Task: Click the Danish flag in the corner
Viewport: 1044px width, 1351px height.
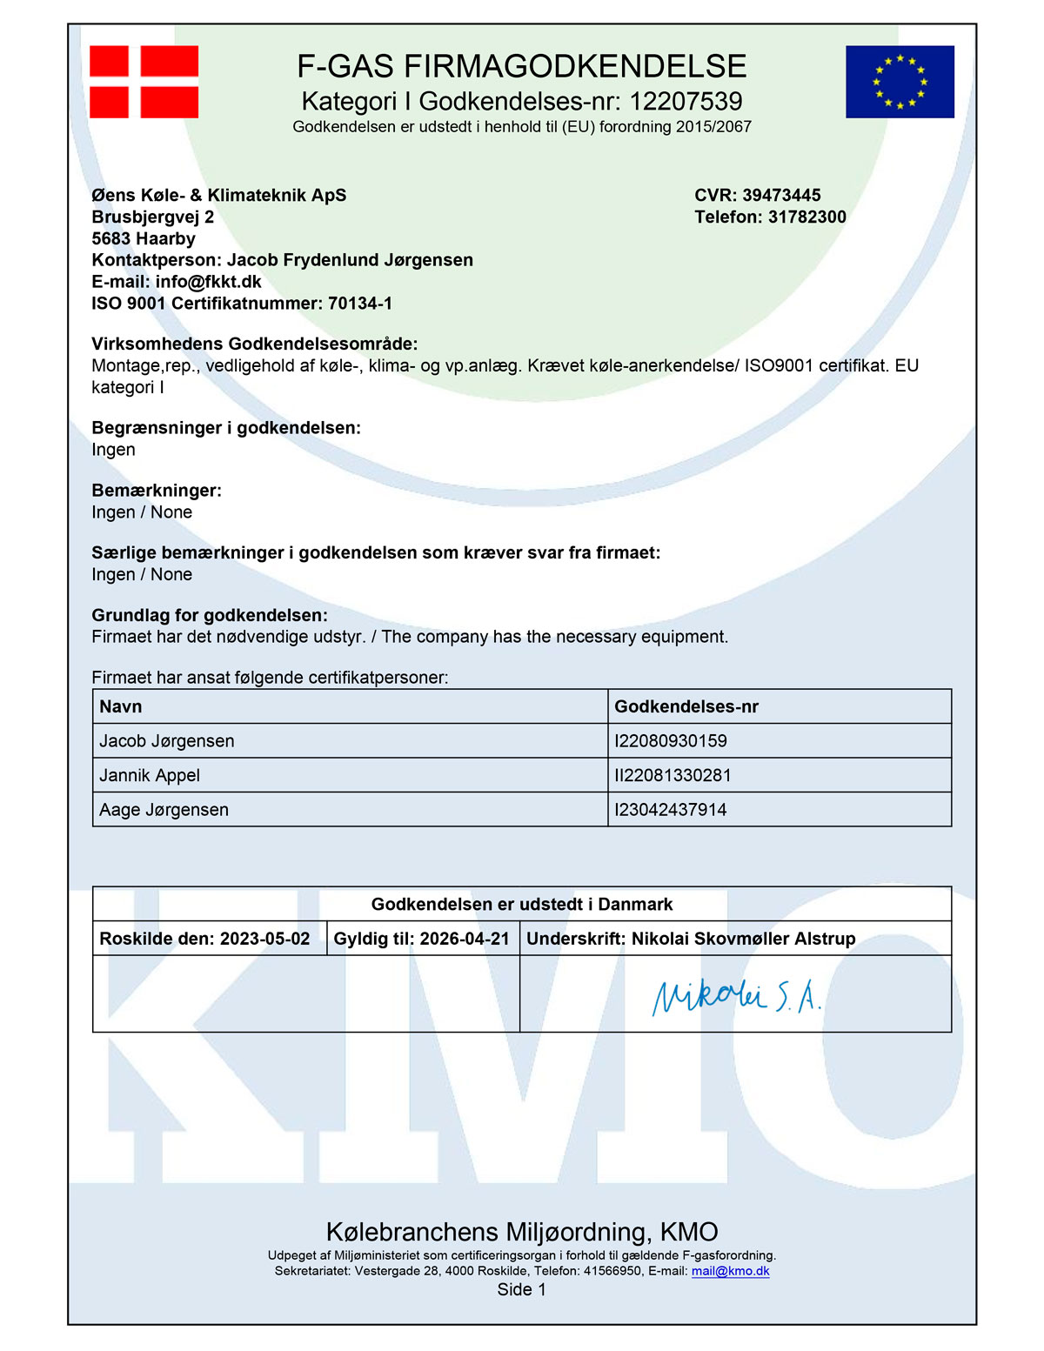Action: pos(144,82)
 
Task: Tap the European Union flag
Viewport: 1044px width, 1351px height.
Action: pos(900,82)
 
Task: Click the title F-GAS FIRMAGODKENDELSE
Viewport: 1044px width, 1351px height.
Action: pos(522,66)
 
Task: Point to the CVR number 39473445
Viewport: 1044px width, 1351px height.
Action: pos(781,195)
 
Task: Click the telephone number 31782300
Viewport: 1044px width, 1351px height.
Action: pos(806,217)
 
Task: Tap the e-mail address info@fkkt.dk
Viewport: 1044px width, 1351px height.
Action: pos(209,282)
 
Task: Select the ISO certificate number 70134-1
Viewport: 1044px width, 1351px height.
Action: pos(359,304)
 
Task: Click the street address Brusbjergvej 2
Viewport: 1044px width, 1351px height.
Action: pos(153,217)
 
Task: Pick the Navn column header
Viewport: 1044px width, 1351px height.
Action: pos(121,706)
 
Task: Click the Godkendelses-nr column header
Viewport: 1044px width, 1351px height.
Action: pos(686,706)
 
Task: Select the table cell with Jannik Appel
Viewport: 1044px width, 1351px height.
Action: pos(150,775)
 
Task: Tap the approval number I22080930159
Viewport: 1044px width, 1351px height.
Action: pos(671,741)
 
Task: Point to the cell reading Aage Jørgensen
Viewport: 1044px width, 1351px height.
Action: pos(164,810)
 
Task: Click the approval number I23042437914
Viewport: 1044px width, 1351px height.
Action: pos(671,810)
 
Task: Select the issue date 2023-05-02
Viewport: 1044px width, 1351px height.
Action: pos(264,939)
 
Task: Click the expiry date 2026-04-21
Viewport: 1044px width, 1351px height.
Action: pos(465,939)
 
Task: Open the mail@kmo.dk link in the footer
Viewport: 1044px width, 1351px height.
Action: pos(730,1271)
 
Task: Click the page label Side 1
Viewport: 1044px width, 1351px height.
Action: pos(522,1290)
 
